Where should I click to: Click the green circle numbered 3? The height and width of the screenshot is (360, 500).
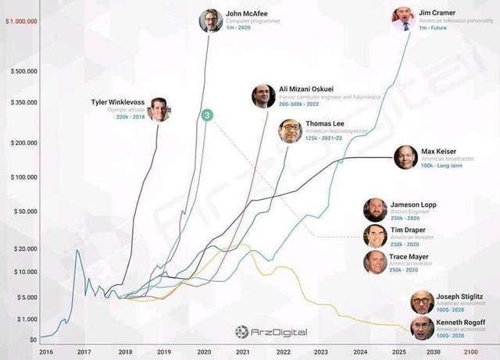[x=207, y=116]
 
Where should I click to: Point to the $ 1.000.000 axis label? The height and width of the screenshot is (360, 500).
[x=21, y=20]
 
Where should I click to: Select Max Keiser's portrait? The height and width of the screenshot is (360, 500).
[x=406, y=158]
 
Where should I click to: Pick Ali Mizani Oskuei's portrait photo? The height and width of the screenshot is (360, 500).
[x=263, y=96]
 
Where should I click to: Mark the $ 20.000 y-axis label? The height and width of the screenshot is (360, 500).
[x=24, y=248]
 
